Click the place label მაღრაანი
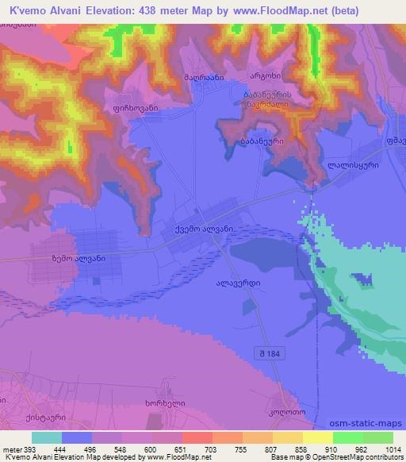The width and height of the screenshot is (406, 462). (206, 77)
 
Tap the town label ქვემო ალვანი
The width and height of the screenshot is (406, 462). (203, 229)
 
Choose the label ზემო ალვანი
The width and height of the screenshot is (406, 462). (79, 258)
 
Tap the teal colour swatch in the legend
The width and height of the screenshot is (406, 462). (47, 437)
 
